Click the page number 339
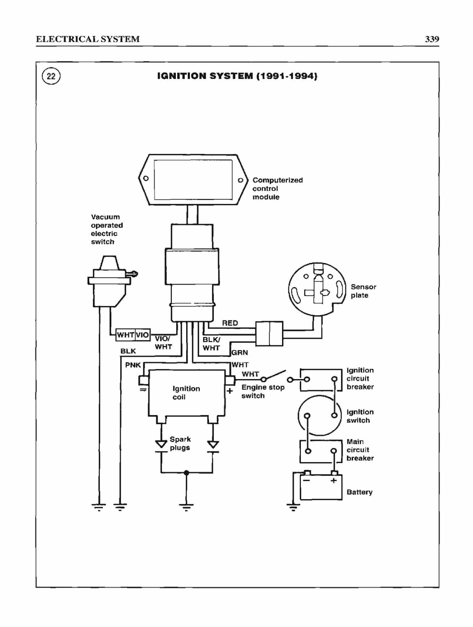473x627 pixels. [432, 39]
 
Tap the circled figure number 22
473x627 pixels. [51, 76]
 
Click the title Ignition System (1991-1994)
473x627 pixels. [237, 76]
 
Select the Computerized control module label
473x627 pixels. [278, 188]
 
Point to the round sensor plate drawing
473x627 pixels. [317, 289]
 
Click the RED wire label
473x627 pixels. [230, 323]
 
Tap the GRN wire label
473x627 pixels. [239, 352]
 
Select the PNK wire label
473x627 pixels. [133, 365]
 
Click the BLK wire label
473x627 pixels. [128, 351]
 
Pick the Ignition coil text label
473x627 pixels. [186, 393]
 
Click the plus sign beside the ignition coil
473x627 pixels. [230, 391]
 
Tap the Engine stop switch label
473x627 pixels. [263, 391]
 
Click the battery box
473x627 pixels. [321, 487]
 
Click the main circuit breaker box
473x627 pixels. [321, 451]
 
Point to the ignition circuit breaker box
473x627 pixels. [321, 380]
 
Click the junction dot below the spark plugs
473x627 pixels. [186, 473]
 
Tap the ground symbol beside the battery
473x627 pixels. [293, 507]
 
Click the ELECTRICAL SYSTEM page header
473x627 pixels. [88, 39]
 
